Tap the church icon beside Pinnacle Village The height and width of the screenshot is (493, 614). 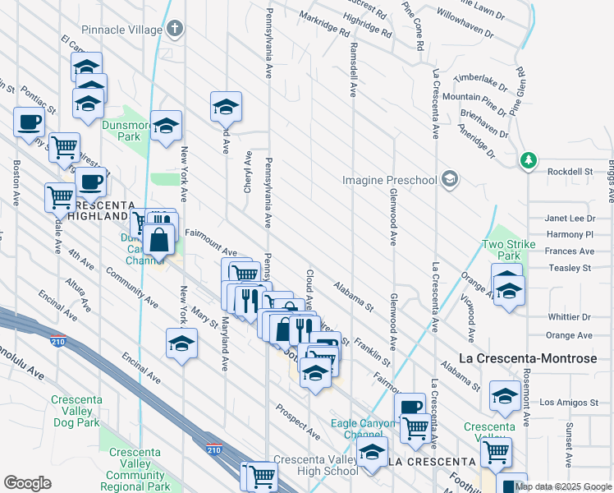(x=174, y=30)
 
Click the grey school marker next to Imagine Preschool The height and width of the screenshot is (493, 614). (x=450, y=178)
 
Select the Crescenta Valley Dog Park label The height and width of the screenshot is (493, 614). (x=75, y=412)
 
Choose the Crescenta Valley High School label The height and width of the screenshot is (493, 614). (x=316, y=465)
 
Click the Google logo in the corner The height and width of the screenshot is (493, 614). (x=27, y=483)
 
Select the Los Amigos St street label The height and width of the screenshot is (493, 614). (x=570, y=403)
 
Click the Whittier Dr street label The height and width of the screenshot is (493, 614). (x=569, y=316)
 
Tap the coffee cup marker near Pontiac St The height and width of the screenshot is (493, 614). (x=29, y=122)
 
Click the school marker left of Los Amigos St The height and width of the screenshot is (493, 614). (x=504, y=396)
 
